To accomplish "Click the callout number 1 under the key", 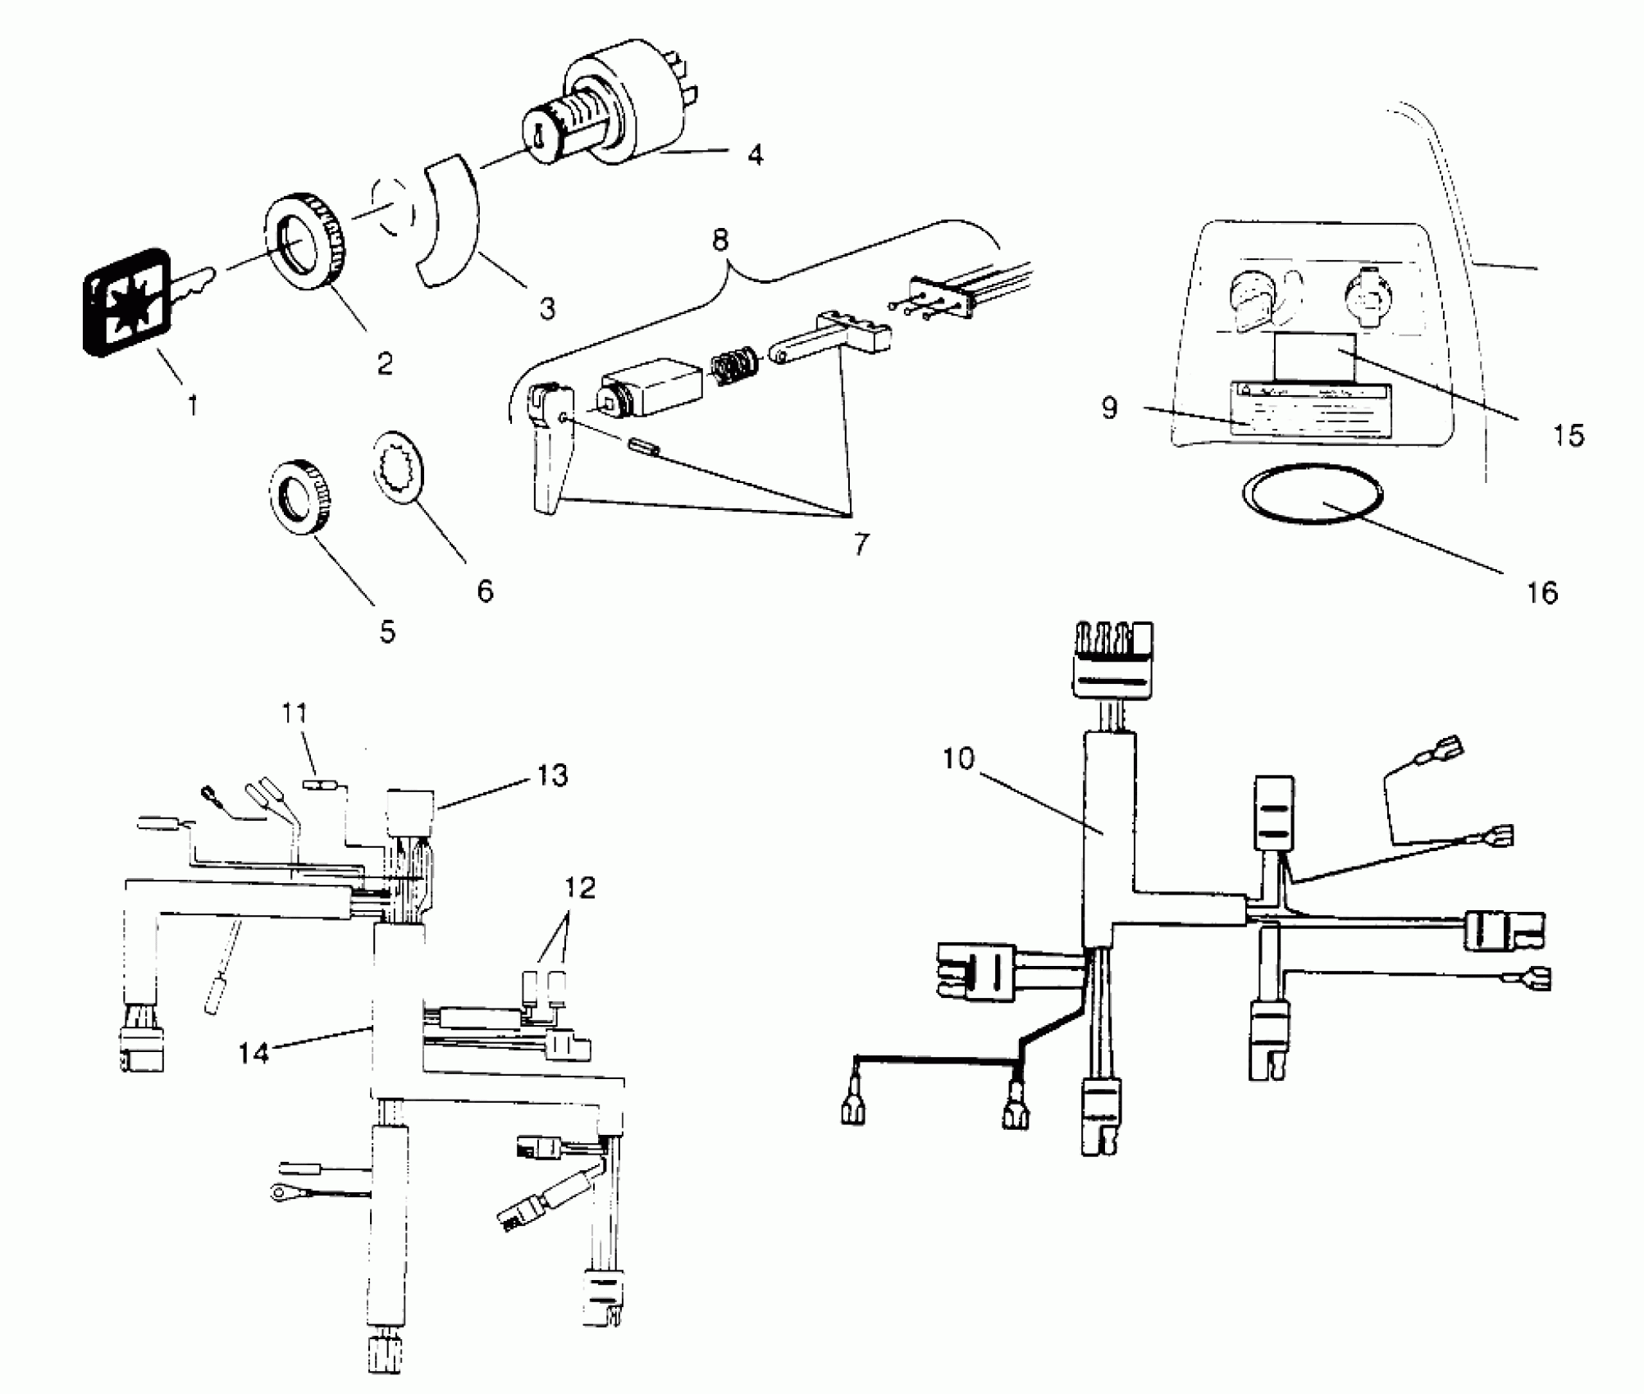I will pos(193,405).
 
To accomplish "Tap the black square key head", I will pos(127,303).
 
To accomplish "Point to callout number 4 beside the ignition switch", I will pos(756,154).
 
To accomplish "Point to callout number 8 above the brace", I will pos(719,240).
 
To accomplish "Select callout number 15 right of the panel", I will pos(1568,435).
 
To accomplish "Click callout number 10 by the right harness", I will pos(957,759).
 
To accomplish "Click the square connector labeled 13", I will pos(411,809).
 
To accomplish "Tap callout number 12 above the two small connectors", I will pos(579,888).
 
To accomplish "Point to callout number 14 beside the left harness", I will pos(253,1053).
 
